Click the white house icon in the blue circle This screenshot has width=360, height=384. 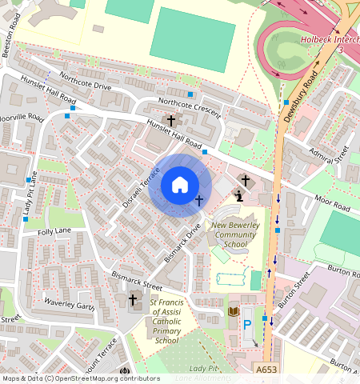[180, 185]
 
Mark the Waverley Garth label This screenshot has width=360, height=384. [70, 306]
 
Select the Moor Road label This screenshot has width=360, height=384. [330, 207]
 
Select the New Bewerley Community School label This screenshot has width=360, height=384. [235, 236]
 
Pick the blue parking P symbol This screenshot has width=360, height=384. [247, 324]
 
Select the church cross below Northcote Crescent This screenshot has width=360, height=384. [171, 119]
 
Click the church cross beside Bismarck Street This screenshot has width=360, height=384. [133, 299]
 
